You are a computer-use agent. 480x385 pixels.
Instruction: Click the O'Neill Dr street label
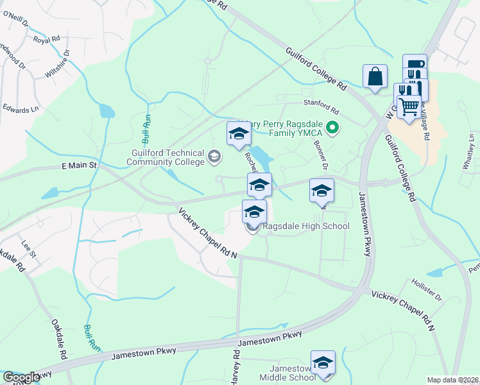16,20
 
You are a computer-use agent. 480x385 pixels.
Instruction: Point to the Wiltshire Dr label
56,65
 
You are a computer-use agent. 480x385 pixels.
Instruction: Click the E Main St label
78,166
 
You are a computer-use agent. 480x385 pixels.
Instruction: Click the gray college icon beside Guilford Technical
214,155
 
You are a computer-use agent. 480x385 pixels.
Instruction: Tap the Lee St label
27,246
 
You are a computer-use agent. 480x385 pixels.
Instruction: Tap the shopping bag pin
375,76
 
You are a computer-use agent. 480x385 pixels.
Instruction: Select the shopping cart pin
409,106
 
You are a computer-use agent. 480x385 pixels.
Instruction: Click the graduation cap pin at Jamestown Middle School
323,363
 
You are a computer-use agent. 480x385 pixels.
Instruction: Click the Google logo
22,377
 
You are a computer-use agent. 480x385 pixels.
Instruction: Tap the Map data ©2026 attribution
452,380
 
